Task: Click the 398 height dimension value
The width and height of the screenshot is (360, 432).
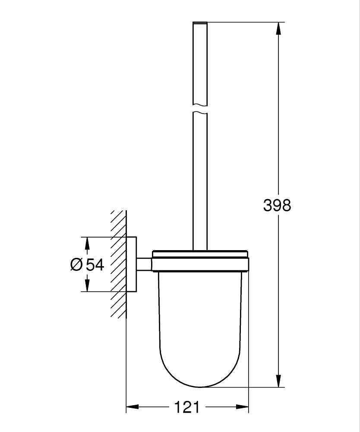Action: pos(277,206)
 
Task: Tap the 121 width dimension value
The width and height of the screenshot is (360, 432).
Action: pos(187,407)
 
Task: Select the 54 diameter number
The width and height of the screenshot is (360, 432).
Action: pos(95,264)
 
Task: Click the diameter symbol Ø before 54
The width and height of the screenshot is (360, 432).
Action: pos(76,264)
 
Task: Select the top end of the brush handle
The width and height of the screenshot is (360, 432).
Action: pos(200,23)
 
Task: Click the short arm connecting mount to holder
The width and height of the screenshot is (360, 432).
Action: pos(144,264)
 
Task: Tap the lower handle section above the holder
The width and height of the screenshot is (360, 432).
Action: pos(200,181)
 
